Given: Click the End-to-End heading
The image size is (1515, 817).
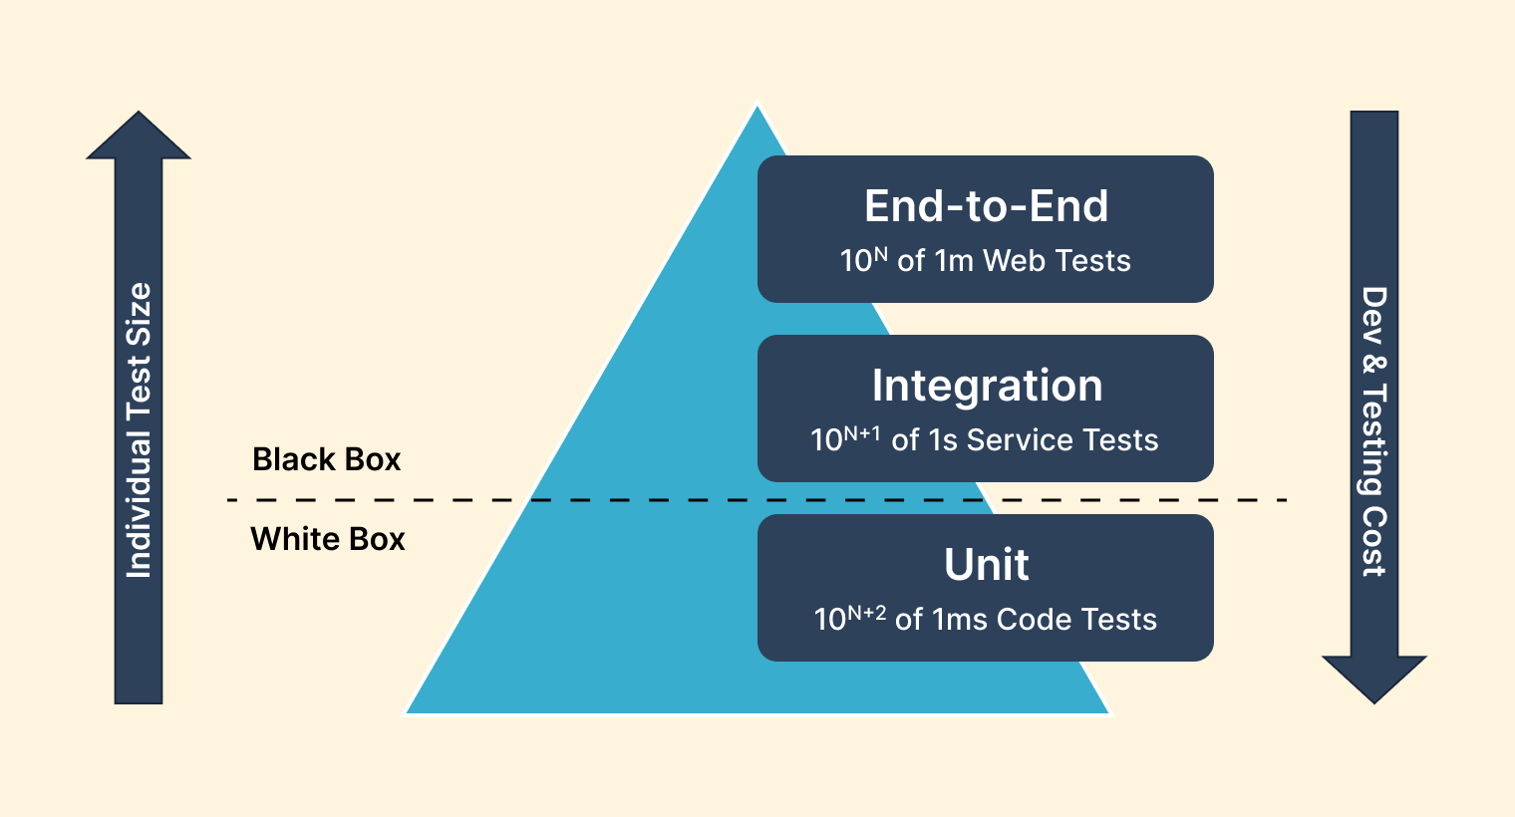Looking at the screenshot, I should tap(986, 206).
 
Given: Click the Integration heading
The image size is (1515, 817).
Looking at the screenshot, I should tap(987, 386).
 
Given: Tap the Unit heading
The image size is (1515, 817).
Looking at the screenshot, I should tap(986, 565).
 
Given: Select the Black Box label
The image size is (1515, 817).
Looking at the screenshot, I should tap(326, 459).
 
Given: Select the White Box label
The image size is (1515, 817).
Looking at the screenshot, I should tap(328, 539).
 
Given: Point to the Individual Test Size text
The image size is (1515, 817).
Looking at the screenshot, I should tap(139, 430).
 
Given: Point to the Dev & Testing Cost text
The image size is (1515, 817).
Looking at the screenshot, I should tap(1374, 431).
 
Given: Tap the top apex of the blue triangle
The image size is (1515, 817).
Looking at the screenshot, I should tap(757, 110).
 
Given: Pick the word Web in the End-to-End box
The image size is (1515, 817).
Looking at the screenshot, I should tap(1015, 261).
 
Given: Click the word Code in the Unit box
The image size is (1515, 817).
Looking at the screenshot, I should tap(1035, 620).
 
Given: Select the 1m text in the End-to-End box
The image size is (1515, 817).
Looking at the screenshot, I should tap(954, 261).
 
